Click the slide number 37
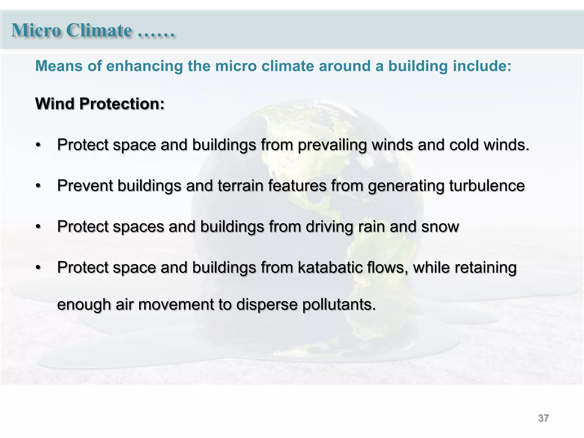click(x=543, y=418)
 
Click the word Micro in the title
click(x=36, y=30)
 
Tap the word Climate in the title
click(x=99, y=30)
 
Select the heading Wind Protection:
click(x=100, y=104)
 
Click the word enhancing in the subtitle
click(x=145, y=66)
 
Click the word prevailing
click(x=332, y=145)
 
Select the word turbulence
click(x=487, y=186)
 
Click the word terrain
click(x=240, y=186)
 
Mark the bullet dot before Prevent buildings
click(x=38, y=186)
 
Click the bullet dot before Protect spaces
click(x=38, y=227)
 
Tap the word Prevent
click(x=85, y=186)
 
